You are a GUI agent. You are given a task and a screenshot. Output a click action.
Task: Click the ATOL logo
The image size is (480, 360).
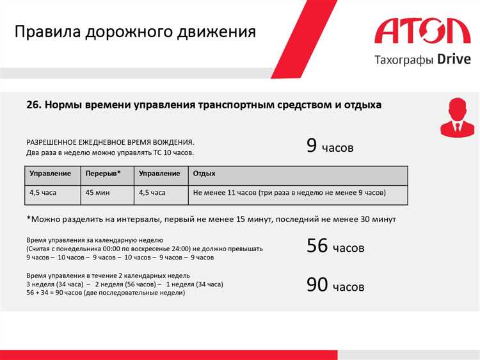point(422,32)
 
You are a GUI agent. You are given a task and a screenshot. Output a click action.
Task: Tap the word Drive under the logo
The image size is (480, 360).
point(454,60)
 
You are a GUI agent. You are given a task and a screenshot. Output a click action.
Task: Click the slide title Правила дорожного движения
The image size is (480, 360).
point(135,32)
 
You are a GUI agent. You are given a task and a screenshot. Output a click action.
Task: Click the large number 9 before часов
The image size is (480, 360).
point(312,145)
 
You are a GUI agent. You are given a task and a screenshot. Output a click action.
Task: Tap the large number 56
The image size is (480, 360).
point(317,246)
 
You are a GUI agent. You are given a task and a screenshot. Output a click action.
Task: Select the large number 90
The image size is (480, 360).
point(317,285)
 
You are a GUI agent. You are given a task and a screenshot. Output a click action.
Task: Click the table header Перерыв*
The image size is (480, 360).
point(102,174)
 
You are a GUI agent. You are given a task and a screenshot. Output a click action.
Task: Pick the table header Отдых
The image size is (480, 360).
point(204,174)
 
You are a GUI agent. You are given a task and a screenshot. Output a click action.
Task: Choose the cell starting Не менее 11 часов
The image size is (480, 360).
point(289,192)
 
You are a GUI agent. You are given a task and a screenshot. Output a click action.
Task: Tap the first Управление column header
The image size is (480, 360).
point(51,174)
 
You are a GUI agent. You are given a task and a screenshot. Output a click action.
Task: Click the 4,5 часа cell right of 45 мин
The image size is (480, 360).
point(152,192)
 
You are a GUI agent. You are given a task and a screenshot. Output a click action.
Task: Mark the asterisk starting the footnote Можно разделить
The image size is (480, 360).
point(29,218)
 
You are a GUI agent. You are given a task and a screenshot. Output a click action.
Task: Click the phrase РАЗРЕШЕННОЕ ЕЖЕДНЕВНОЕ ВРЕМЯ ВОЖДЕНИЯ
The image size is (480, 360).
point(110,142)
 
